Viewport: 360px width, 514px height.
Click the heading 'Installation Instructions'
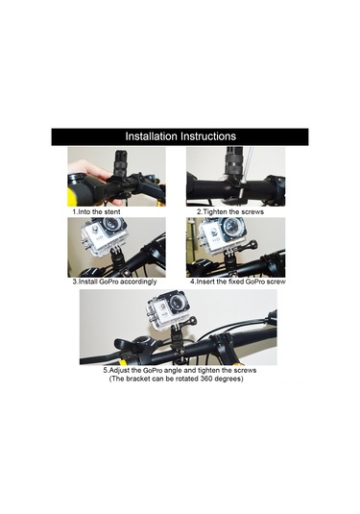[180, 135]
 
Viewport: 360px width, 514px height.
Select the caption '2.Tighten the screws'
[231, 209]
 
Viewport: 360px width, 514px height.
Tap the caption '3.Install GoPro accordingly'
[116, 282]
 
